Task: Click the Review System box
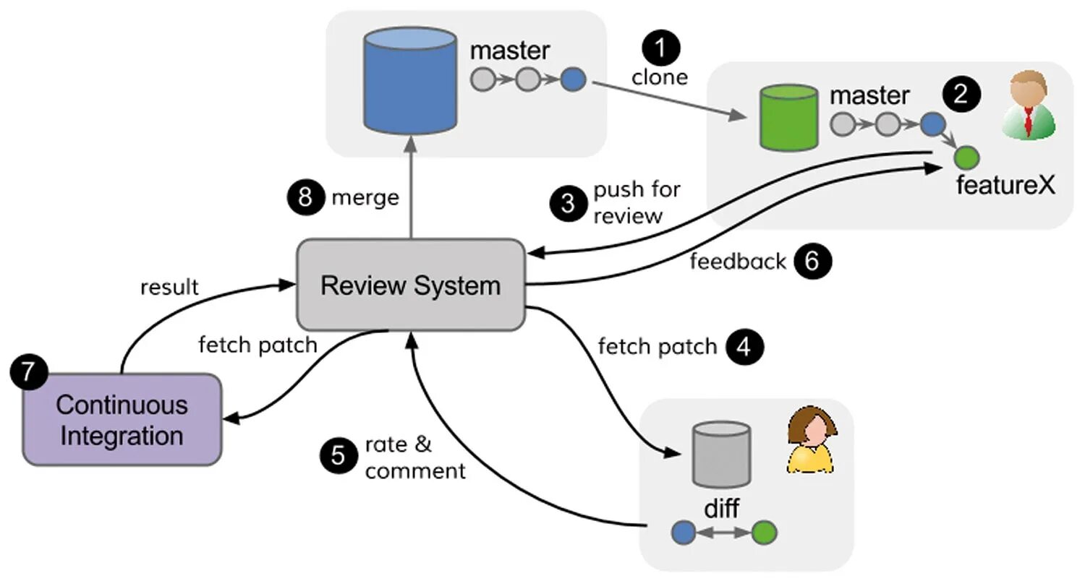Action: coord(410,285)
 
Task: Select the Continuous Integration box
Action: coord(122,420)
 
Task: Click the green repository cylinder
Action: coord(788,117)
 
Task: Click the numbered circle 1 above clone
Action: coord(661,48)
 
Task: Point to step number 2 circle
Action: coord(961,95)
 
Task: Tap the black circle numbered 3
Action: coord(568,203)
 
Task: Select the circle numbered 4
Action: coord(745,347)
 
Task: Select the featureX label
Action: coord(1005,186)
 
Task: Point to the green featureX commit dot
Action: coord(966,156)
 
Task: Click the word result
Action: coord(169,287)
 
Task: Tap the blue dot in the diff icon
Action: coord(684,533)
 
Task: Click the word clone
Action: coord(659,77)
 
